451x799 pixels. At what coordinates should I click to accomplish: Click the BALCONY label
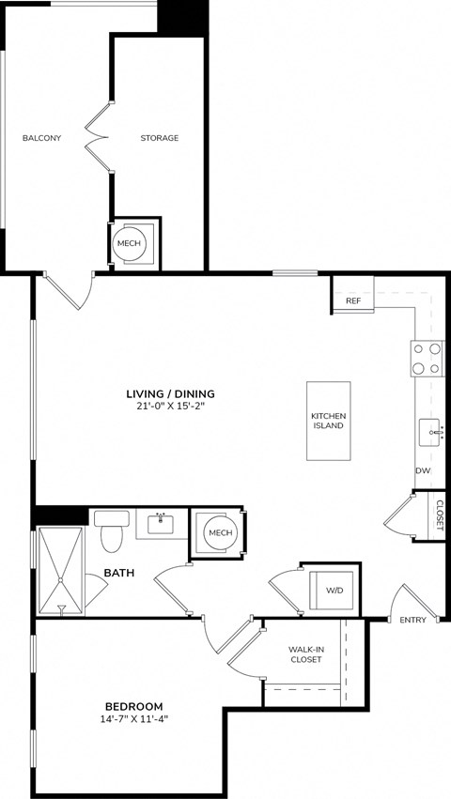click(x=41, y=138)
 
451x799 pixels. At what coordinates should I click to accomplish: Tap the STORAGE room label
click(x=159, y=138)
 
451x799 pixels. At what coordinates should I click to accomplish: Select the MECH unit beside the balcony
click(x=129, y=243)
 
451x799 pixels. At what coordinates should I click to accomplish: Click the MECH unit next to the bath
click(x=220, y=533)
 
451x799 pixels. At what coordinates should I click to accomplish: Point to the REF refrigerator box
click(x=353, y=300)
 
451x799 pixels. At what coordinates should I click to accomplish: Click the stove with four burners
click(x=427, y=358)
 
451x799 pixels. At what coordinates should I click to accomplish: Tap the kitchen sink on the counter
click(x=430, y=434)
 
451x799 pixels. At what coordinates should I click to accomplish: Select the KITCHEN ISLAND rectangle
click(x=328, y=421)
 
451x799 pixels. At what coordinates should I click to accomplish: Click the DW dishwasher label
click(x=423, y=471)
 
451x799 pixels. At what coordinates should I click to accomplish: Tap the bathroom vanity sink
click(x=161, y=523)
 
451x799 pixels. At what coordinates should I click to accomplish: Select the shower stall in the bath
click(x=62, y=570)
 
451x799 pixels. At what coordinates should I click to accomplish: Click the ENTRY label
click(x=412, y=620)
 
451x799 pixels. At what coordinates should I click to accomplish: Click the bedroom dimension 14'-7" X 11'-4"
click(x=133, y=719)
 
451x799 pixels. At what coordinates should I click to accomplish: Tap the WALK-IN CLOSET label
click(x=304, y=653)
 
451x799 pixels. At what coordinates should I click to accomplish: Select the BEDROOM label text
click(x=133, y=706)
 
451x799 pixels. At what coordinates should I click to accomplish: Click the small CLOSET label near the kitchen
click(x=438, y=514)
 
